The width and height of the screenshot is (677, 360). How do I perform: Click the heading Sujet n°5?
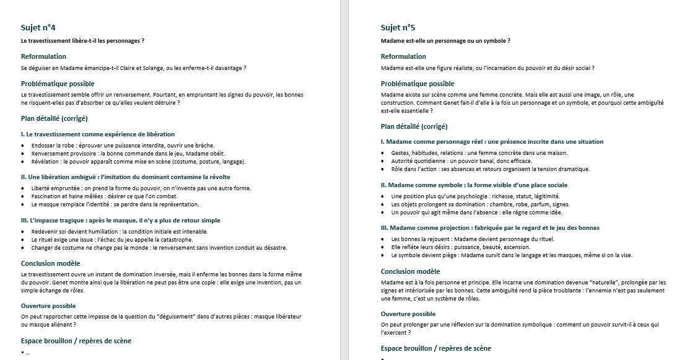coord(398,27)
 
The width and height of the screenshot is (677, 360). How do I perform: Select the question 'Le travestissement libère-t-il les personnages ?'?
coord(82,41)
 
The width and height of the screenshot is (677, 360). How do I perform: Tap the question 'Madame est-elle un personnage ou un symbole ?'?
coord(445,41)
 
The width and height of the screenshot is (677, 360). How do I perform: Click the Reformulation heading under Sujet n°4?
coord(43,56)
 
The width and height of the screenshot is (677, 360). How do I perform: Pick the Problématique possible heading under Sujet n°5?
coord(417,84)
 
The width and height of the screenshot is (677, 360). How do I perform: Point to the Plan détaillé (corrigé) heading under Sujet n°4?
coord(54,118)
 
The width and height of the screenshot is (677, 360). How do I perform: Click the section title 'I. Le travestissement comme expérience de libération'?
coord(98,134)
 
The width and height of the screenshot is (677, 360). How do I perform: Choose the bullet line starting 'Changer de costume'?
coord(159,247)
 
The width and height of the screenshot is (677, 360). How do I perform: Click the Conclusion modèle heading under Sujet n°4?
coord(50,263)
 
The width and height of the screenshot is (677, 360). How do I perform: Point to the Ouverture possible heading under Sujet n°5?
coord(408,314)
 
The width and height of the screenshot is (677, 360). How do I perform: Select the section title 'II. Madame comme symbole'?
coord(474,185)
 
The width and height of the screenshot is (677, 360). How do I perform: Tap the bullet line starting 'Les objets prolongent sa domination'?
coord(480,204)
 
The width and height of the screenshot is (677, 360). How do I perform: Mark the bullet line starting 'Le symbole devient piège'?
coord(512,255)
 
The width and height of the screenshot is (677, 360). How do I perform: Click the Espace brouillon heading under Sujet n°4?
coord(76,341)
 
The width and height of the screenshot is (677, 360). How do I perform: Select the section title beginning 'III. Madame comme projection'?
coord(490,227)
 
